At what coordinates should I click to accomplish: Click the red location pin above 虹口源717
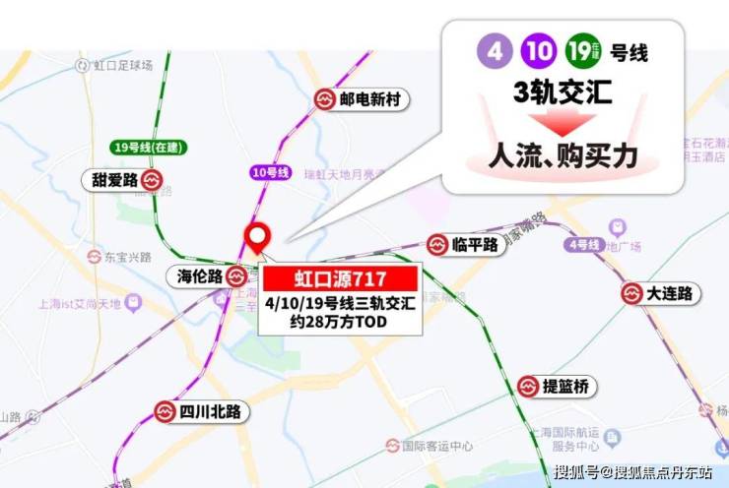pos(259,236)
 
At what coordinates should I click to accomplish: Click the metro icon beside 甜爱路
pos(151,180)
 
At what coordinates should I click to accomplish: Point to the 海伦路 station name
pos(200,276)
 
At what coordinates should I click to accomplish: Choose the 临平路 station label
pos(475,245)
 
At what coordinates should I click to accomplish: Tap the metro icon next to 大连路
pos(632,293)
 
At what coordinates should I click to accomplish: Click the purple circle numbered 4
pos(490,50)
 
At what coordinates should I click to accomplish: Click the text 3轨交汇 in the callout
pos(563,93)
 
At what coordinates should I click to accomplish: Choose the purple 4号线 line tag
pos(582,244)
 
